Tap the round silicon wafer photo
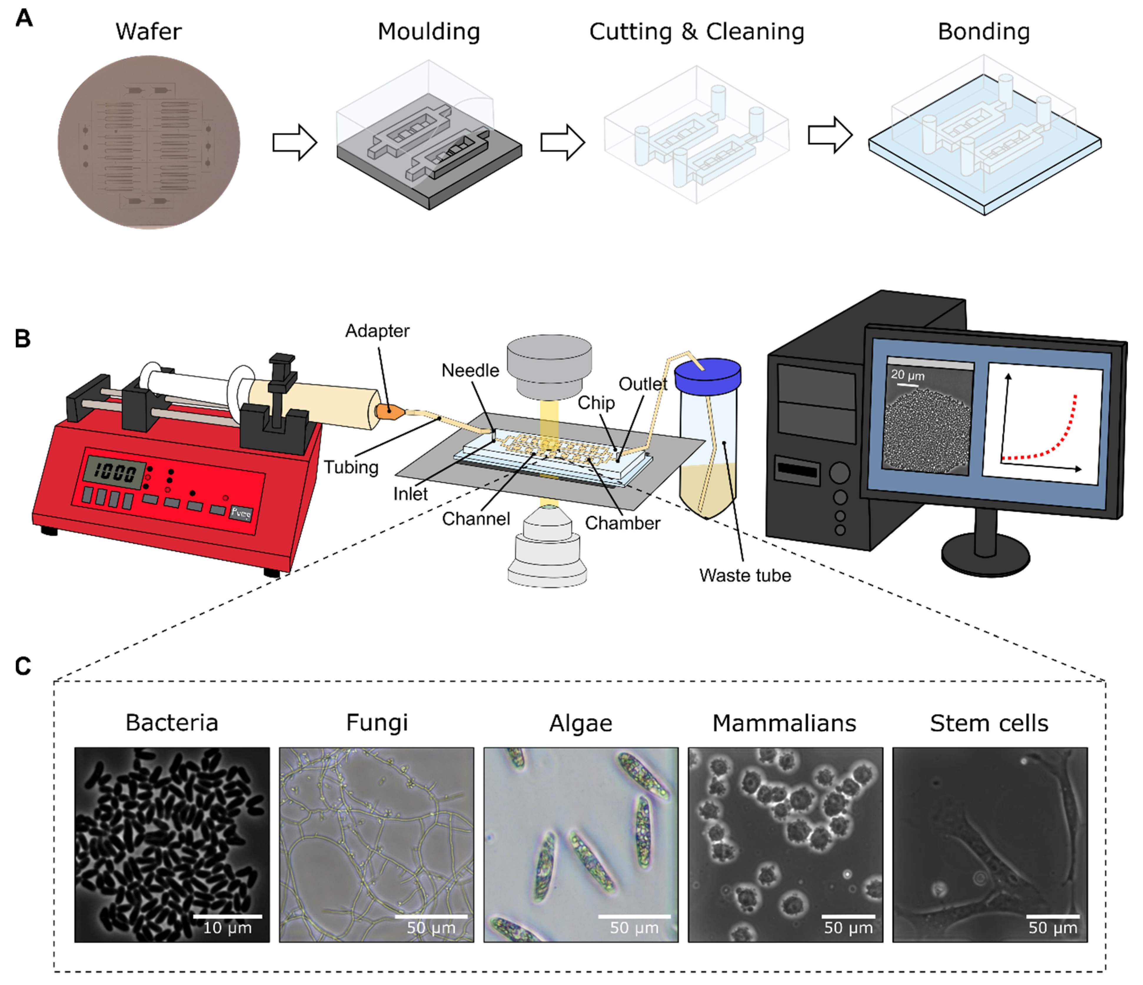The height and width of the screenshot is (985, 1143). coord(149,142)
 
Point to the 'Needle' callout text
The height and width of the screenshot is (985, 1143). coord(470,370)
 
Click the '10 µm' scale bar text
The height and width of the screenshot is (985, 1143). coord(227,928)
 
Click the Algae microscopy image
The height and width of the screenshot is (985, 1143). coord(580,844)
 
